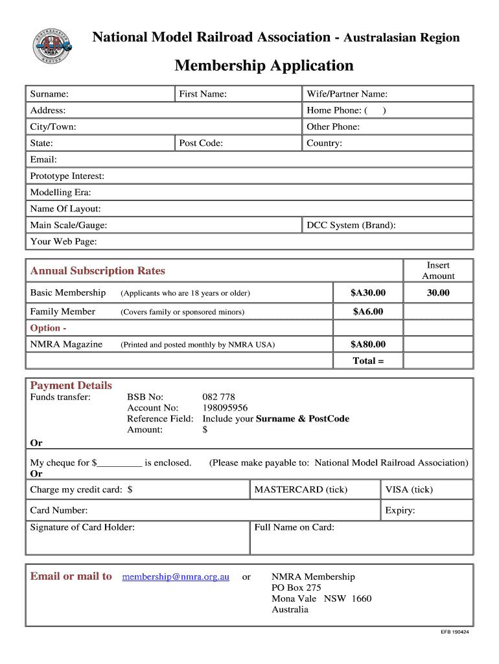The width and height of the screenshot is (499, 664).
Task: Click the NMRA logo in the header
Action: tap(52, 46)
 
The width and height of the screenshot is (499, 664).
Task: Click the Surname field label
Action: tap(49, 94)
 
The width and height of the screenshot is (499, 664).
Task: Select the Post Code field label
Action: tap(201, 143)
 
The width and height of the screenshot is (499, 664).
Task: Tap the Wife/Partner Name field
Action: tap(388, 94)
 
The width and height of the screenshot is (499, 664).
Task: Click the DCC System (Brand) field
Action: tap(388, 225)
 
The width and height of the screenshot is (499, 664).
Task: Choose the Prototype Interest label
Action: tap(67, 176)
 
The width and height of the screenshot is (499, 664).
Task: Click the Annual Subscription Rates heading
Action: tap(98, 270)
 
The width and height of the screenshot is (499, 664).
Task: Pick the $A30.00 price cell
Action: tap(368, 293)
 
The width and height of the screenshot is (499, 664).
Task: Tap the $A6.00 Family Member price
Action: tap(368, 312)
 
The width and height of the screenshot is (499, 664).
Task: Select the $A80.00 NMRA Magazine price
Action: tap(368, 344)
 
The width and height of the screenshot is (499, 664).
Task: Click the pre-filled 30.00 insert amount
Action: tap(438, 293)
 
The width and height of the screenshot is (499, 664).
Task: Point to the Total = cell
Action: tap(368, 361)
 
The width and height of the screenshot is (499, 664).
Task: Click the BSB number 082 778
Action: tap(219, 397)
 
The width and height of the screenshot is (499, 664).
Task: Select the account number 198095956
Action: tap(225, 408)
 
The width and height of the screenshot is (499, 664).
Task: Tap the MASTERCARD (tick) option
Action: tap(301, 490)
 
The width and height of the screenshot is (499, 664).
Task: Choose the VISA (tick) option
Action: tap(409, 490)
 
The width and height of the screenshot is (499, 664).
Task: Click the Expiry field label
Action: tap(400, 510)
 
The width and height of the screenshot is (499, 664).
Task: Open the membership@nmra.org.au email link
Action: tap(176, 576)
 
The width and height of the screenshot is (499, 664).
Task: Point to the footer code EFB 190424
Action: tap(455, 632)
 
